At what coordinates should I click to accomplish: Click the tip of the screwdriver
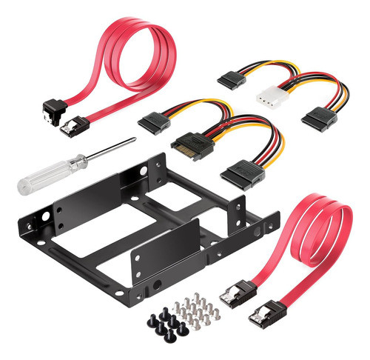pyautogui.click(x=133, y=140)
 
